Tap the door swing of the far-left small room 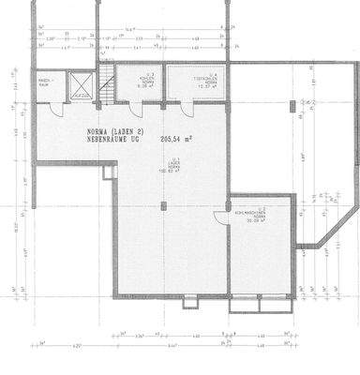[55, 109]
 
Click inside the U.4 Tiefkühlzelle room [198, 89]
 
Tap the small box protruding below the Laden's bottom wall [191, 301]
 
